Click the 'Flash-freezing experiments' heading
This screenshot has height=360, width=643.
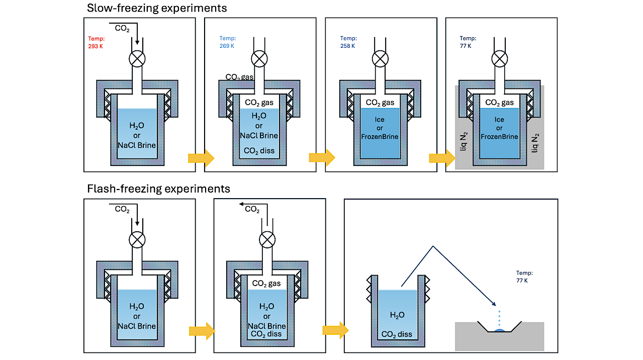point(158,189)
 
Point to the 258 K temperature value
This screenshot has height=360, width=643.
point(347,46)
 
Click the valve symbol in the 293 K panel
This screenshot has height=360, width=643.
point(137,59)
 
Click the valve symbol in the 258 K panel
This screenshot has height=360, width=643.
point(380,59)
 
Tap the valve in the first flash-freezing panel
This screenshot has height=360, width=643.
point(137,240)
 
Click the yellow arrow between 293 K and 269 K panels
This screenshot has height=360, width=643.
point(201,158)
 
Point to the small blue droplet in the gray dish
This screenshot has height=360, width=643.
point(500,330)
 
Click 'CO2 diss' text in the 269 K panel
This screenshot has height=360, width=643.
point(258,150)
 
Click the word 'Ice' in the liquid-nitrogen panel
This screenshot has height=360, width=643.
point(499,120)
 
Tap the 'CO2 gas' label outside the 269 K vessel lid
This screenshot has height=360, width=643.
point(239,77)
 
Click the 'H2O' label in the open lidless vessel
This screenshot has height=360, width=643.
point(397,315)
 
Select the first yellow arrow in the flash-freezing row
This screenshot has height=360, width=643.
point(202,331)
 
